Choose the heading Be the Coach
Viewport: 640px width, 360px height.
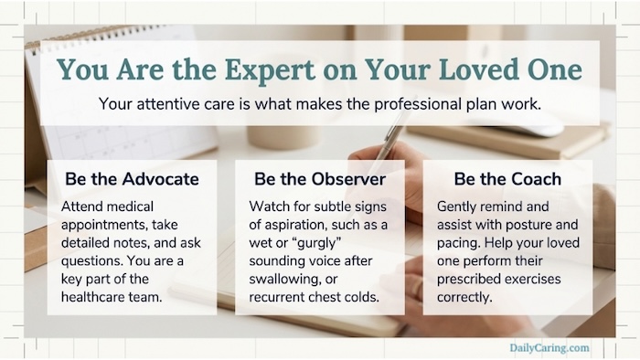[499, 176]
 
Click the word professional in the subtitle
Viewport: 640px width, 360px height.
[403, 104]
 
